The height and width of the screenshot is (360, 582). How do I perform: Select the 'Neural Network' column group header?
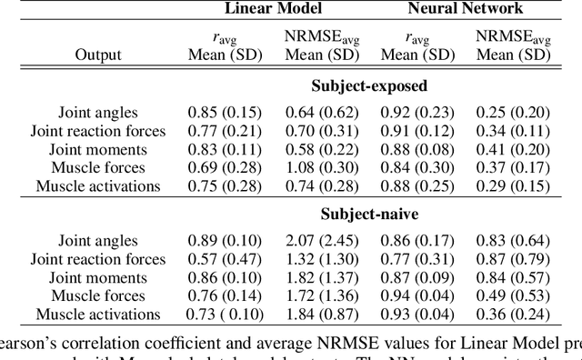tap(467, 9)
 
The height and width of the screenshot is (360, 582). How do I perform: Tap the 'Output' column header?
tap(98, 55)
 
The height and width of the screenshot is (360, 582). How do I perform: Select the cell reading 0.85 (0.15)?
tap(225, 114)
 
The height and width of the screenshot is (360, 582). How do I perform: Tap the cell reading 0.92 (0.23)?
tap(417, 114)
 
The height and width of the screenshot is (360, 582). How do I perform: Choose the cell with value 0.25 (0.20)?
tap(514, 114)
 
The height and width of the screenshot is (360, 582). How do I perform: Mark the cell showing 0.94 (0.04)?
tap(417, 296)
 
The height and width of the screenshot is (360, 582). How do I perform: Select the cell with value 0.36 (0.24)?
tap(514, 315)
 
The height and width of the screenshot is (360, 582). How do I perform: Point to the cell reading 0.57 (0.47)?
tap(225, 260)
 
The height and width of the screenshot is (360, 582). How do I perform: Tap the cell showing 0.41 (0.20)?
tap(514, 150)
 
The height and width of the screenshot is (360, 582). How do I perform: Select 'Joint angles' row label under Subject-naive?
tap(98, 242)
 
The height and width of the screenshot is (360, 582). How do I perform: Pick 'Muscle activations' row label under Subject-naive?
tap(98, 315)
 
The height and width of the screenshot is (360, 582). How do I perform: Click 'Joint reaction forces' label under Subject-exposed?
tap(98, 132)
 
